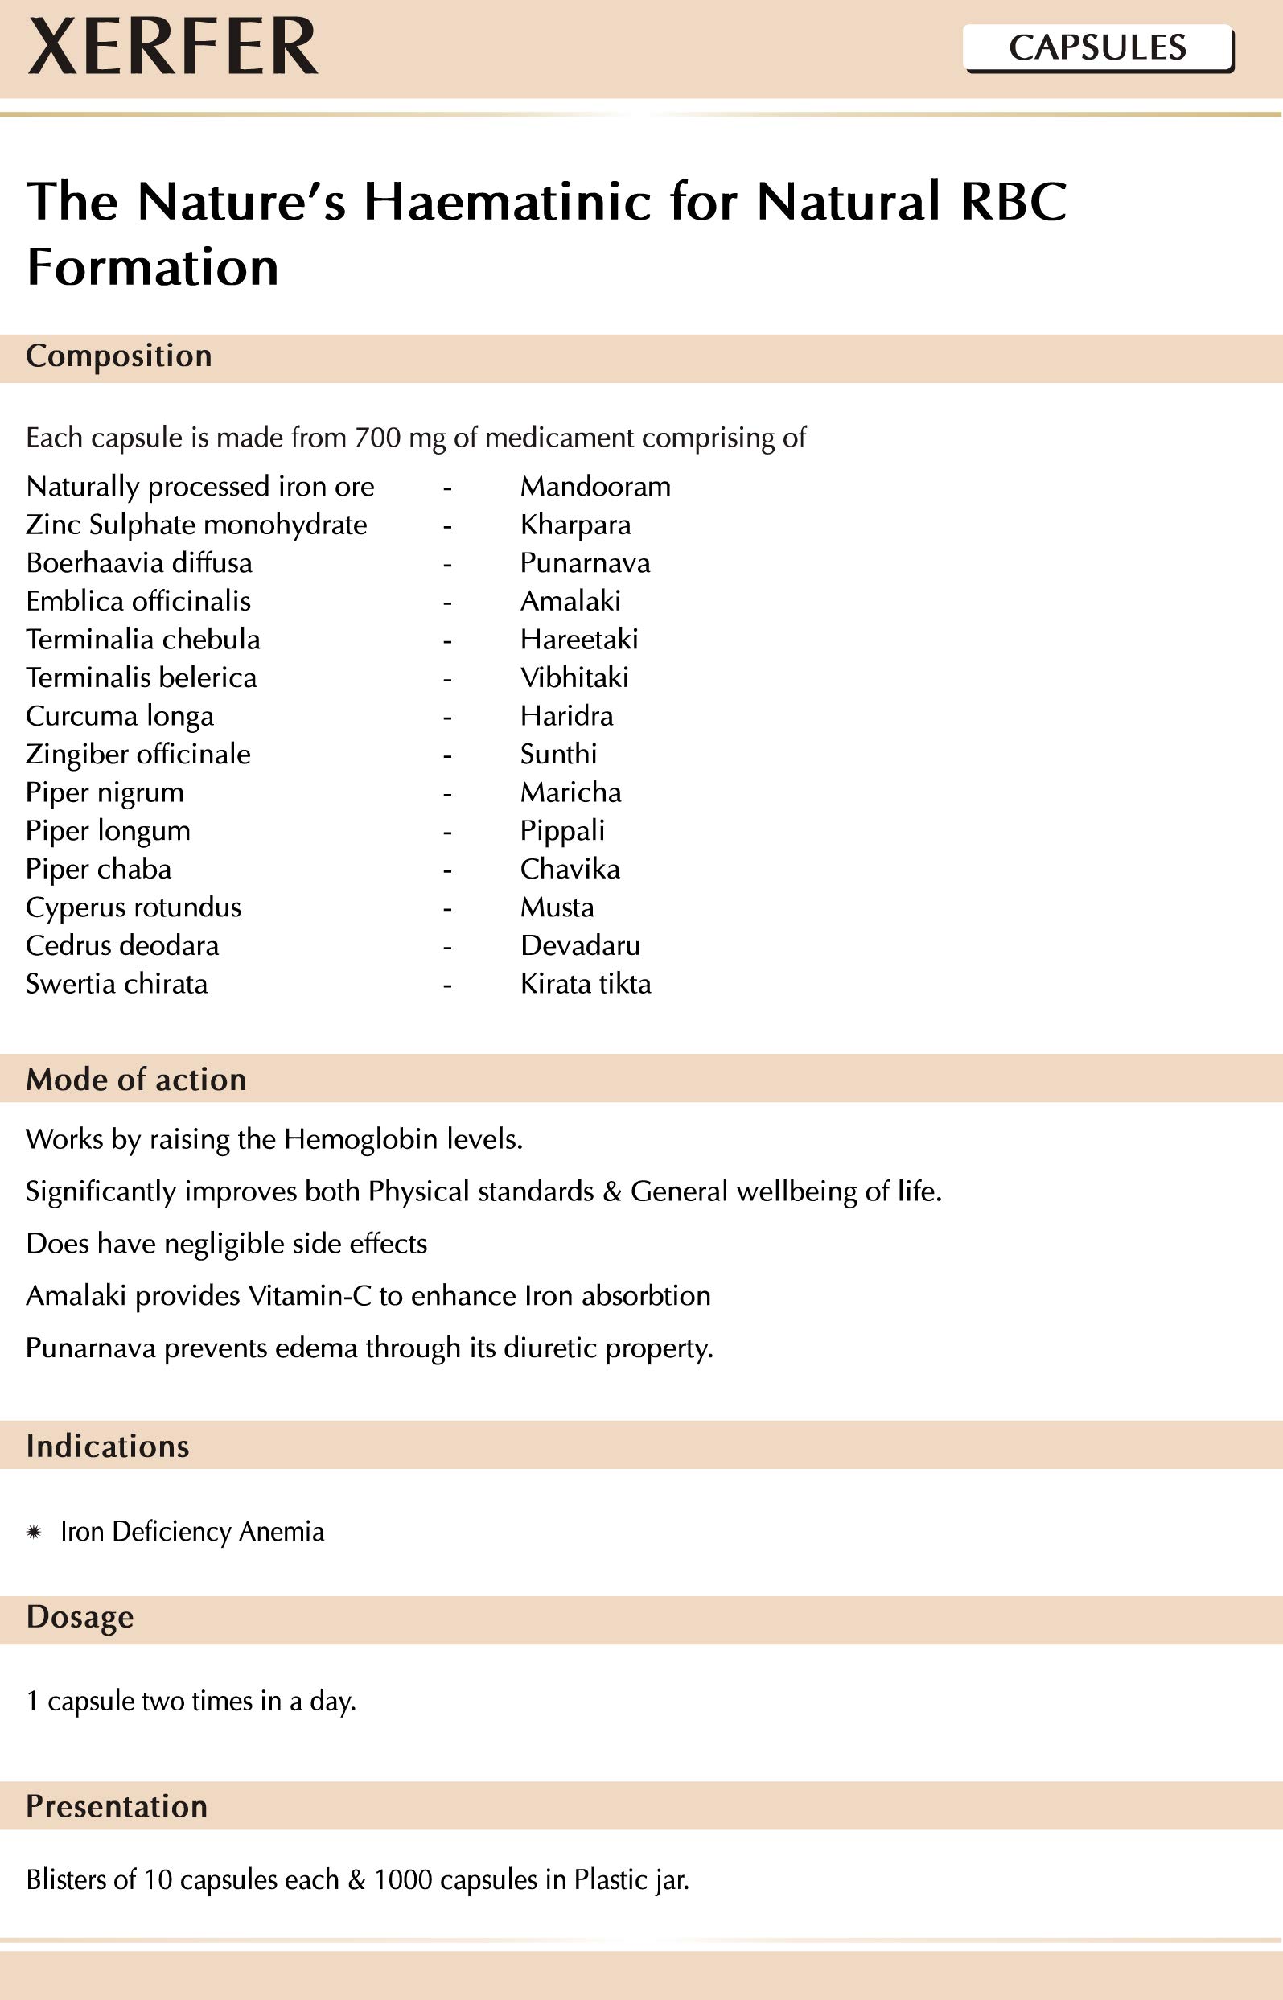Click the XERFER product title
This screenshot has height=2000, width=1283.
(172, 47)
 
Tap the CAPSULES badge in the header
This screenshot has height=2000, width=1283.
(1097, 48)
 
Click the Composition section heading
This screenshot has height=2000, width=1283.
(119, 356)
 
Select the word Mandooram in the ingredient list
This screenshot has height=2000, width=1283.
(595, 487)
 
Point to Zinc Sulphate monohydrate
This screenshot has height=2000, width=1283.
(195, 525)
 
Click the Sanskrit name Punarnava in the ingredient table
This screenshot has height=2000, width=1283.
(585, 563)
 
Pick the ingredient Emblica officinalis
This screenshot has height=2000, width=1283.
(138, 602)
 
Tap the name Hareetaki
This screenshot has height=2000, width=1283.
(579, 640)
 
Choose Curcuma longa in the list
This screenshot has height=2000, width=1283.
(120, 716)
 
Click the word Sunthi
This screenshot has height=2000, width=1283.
(558, 755)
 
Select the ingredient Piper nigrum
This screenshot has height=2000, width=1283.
(105, 793)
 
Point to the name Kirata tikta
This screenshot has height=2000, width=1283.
(586, 985)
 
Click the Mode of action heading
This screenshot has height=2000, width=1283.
(136, 1080)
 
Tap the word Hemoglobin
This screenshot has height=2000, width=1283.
(360, 1139)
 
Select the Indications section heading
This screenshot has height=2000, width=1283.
(108, 1446)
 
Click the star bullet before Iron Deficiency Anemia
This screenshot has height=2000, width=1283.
(34, 1532)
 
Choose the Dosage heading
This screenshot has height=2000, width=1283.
(80, 1617)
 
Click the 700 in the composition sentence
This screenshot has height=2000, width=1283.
(377, 438)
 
